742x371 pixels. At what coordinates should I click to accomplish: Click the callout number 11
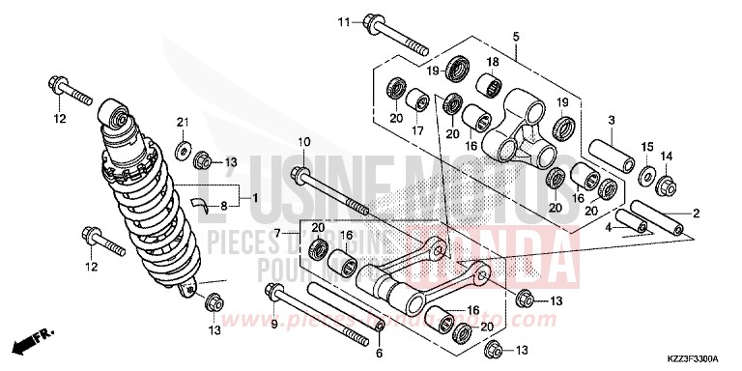click(x=345, y=21)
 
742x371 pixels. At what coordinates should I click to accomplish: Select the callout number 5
click(x=516, y=37)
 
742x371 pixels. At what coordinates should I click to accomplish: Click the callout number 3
click(x=613, y=119)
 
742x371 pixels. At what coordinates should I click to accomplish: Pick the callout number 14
click(x=666, y=156)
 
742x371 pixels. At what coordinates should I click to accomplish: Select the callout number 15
click(x=645, y=146)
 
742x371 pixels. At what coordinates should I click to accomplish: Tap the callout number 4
click(x=609, y=228)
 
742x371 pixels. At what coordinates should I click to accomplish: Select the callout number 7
click(x=277, y=234)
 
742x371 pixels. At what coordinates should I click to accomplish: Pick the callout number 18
click(x=491, y=63)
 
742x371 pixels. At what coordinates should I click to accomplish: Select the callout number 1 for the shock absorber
click(x=255, y=198)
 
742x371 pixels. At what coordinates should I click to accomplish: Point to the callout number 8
click(x=224, y=205)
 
